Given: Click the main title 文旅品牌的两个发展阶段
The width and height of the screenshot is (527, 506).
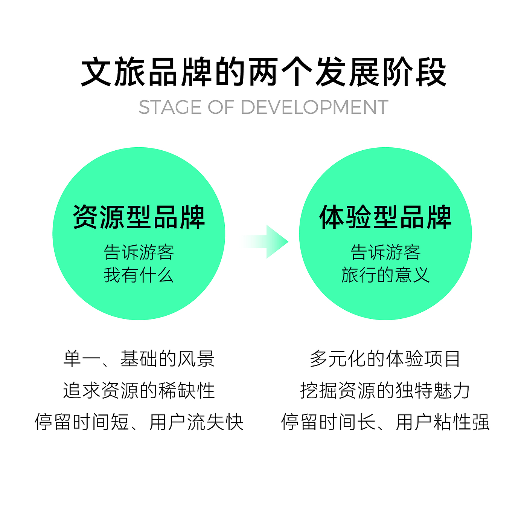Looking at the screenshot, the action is (x=263, y=72).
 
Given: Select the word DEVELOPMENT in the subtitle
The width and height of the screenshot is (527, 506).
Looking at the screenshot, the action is (x=314, y=107).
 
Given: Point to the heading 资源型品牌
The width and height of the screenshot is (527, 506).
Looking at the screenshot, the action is (x=139, y=217).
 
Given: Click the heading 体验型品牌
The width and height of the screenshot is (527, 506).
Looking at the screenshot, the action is (x=385, y=217).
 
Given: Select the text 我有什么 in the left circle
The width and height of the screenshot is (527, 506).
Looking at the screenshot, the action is (x=139, y=275).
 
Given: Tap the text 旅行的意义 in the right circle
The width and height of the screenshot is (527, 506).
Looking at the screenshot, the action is (x=385, y=275).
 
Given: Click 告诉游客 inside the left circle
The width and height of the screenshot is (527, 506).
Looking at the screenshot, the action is (x=139, y=252).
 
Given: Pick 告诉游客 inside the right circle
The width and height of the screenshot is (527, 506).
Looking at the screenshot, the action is (x=385, y=252).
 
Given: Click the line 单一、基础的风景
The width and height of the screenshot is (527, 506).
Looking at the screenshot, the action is (x=139, y=359).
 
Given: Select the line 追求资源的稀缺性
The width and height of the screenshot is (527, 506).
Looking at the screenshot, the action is (x=139, y=390).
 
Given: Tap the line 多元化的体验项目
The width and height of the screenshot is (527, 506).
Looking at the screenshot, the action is (x=385, y=359).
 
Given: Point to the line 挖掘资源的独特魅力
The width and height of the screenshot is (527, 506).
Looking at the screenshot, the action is (x=385, y=390).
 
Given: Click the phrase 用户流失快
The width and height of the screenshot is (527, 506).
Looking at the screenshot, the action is (x=196, y=422).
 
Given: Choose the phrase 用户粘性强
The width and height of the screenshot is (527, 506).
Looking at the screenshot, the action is (x=443, y=422).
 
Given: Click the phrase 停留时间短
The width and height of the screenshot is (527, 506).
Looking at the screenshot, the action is (x=82, y=422).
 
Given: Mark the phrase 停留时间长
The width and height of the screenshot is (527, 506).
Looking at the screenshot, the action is (x=328, y=422).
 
